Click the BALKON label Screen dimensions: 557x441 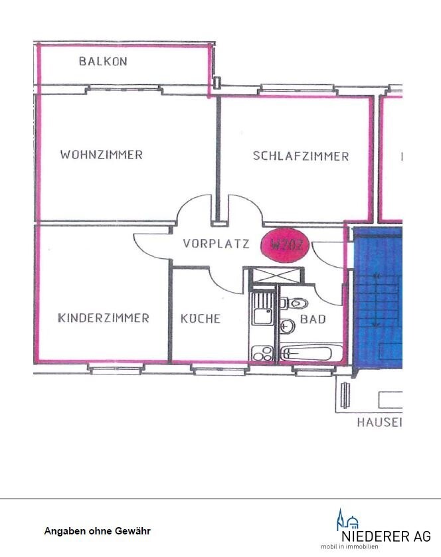tap(103, 61)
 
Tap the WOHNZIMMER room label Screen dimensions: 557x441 tap(101, 155)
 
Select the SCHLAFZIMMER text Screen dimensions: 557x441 tap(300, 156)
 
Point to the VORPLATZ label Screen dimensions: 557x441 tap(217, 244)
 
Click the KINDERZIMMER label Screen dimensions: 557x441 tap(103, 318)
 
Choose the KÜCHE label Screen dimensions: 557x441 tap(200, 319)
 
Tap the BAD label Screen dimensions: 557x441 tap(313, 319)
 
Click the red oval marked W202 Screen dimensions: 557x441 tap(286, 244)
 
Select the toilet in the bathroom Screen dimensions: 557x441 tap(298, 303)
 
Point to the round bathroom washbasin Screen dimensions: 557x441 tap(287, 326)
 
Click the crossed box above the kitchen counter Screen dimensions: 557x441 tap(275, 274)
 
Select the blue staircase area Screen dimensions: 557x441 tap(377, 299)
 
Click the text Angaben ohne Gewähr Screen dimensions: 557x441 tap(97, 531)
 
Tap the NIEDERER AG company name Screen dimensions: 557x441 tap(385, 536)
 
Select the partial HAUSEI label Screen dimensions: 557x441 tap(379, 422)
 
